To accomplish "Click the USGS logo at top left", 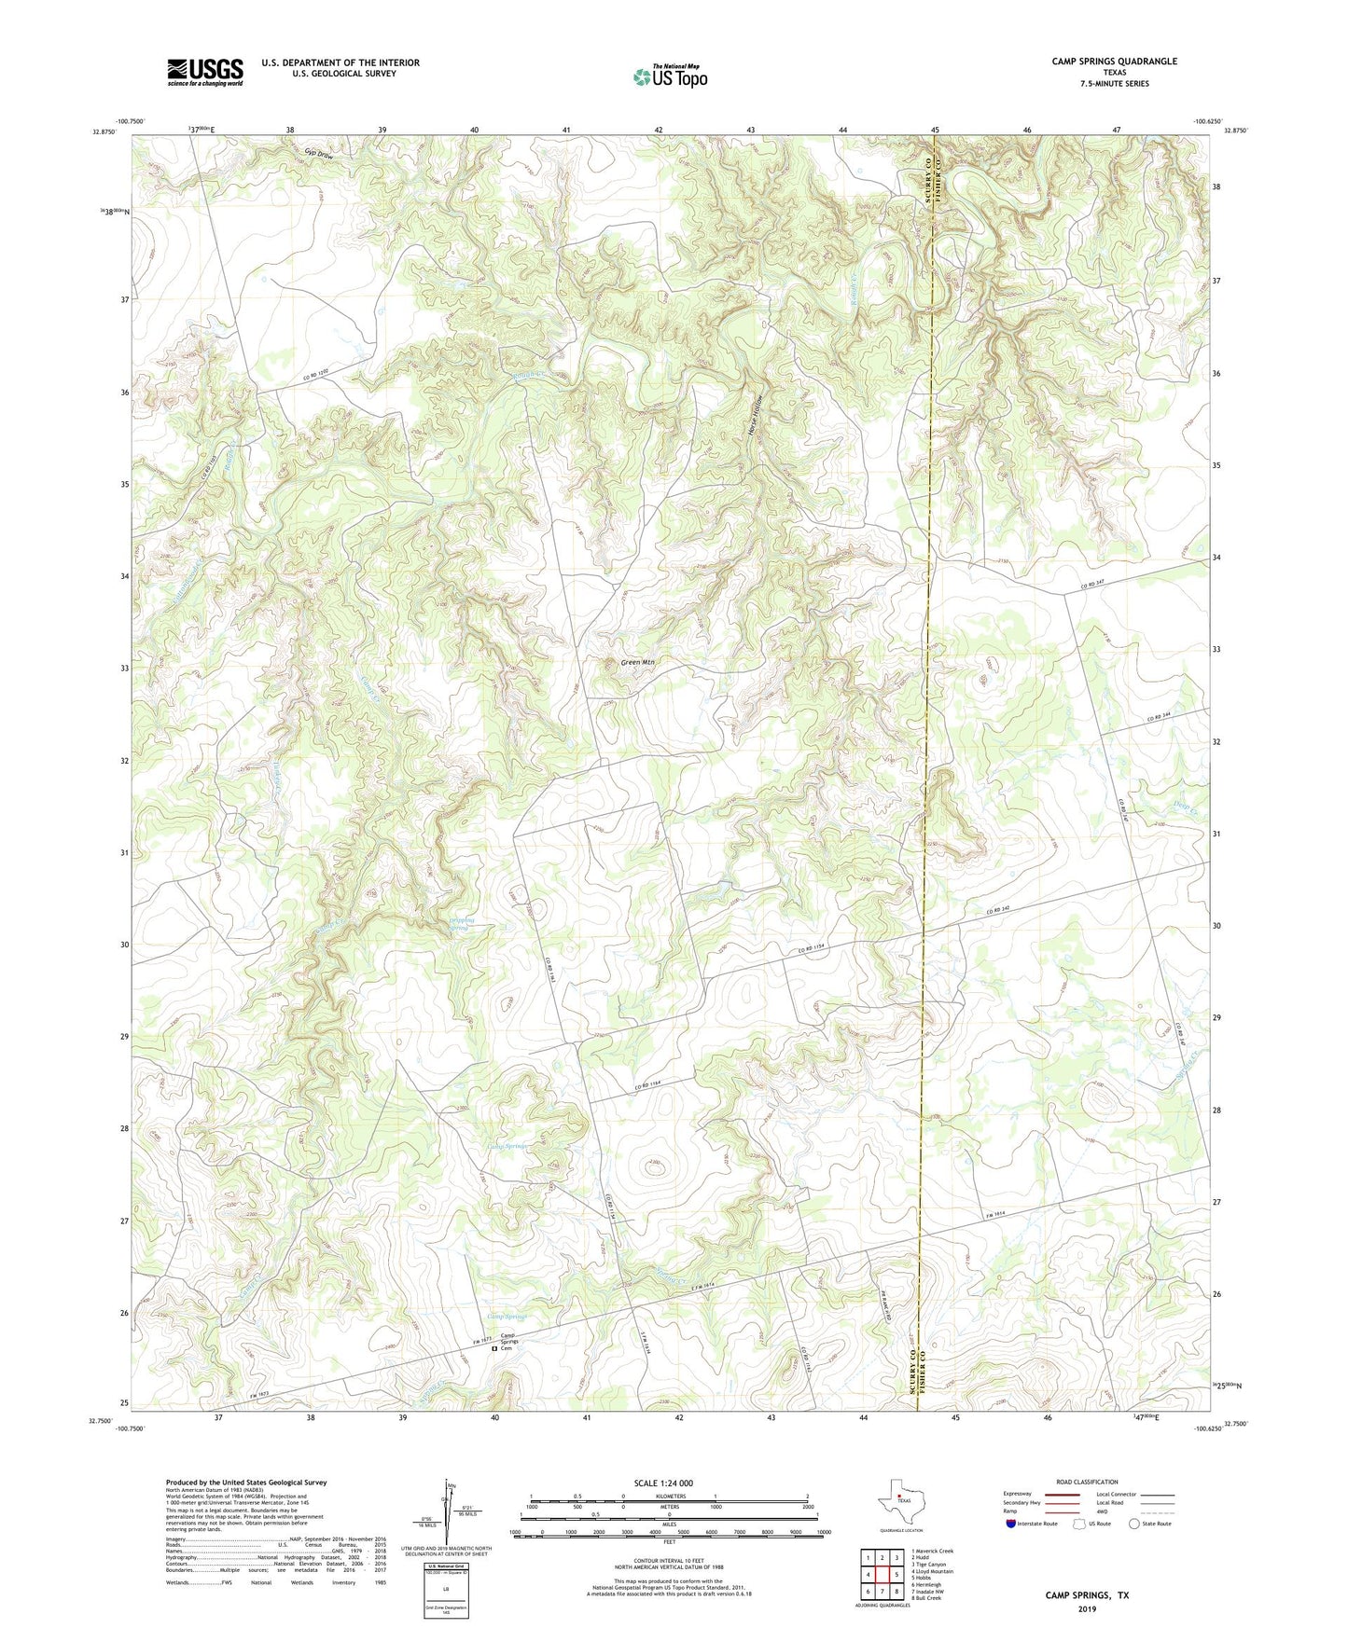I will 205,72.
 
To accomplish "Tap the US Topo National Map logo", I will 669,76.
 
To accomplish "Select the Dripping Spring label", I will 462,924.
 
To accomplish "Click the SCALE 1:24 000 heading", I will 662,1483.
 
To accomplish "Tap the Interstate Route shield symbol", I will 1011,1523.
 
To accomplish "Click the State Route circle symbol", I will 1133,1523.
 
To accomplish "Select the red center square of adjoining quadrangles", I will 882,1574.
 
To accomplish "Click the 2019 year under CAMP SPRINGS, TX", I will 1087,1608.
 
